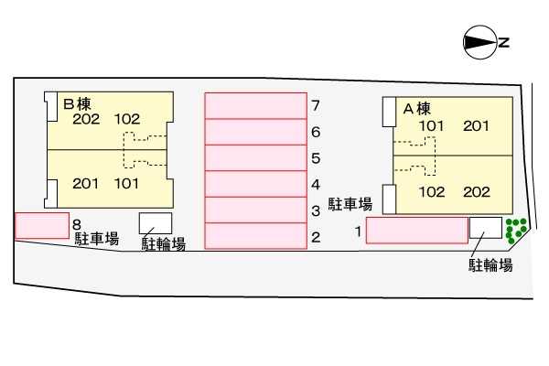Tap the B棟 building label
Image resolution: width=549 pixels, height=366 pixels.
point(78,104)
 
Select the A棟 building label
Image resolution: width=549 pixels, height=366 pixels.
point(416,109)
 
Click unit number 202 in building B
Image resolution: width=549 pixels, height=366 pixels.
point(86,120)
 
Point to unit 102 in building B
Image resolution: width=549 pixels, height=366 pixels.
point(127,120)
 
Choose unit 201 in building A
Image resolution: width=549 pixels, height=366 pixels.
point(476,126)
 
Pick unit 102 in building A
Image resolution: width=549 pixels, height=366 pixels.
point(432,192)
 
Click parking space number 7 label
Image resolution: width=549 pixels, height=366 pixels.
point(316,105)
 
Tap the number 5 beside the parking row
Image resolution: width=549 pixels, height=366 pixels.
point(316,158)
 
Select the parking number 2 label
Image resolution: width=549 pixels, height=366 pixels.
point(316,237)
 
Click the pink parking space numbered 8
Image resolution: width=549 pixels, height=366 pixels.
point(42,226)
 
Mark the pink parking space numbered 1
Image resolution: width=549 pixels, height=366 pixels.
point(417,230)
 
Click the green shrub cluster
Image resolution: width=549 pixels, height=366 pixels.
point(516,231)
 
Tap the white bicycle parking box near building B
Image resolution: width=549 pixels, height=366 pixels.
point(156,223)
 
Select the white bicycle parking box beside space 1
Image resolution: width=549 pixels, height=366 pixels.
point(486,228)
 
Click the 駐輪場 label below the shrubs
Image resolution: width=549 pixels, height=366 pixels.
point(490,264)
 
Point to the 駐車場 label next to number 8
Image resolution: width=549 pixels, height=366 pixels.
point(97,239)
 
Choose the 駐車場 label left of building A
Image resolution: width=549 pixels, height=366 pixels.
point(350,204)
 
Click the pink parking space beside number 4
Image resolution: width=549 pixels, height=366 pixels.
point(256,184)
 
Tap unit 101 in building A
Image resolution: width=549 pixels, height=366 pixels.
point(432,126)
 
